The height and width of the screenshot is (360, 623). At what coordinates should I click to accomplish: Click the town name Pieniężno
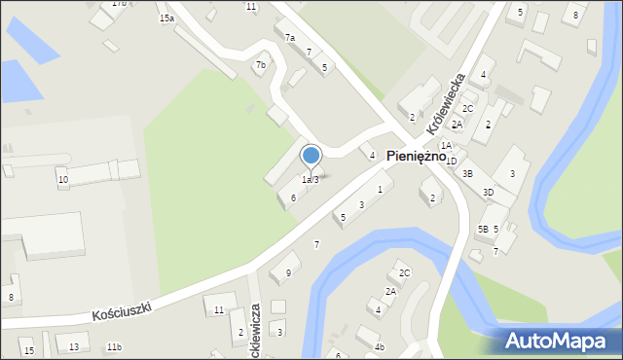pos(416,156)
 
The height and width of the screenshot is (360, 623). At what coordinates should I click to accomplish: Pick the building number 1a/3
pos(310,179)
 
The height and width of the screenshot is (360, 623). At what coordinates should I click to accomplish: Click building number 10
pos(62,180)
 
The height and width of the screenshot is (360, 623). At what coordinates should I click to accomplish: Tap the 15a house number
pos(166,18)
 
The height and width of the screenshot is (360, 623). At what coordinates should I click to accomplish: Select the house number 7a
pos(289,38)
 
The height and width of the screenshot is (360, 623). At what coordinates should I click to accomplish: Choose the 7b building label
pos(260,66)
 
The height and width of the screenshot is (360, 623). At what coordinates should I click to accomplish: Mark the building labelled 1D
pos(451,162)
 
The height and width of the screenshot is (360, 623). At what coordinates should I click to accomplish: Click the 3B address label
pos(467,174)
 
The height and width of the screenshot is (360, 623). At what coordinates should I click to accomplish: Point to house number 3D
pos(488,193)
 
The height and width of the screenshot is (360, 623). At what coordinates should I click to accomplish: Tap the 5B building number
pos(482,230)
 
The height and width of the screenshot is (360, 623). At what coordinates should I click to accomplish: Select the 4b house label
pos(380,347)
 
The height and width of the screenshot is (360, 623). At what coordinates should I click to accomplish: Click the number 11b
pos(114,347)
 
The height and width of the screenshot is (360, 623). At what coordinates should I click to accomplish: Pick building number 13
pos(74,347)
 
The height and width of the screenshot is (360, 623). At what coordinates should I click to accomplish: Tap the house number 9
pos(287,273)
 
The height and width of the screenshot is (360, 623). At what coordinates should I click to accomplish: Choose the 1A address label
pos(445,146)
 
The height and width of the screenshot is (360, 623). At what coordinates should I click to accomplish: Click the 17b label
pos(119,4)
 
